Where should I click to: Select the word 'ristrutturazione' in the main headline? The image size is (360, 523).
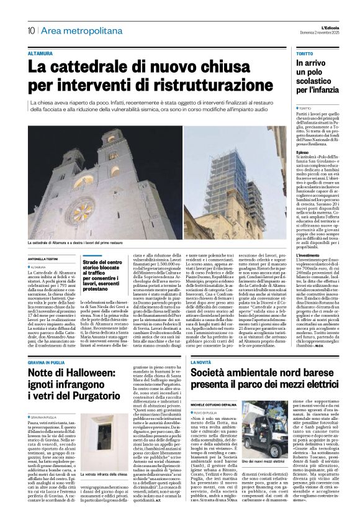point(188,84)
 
